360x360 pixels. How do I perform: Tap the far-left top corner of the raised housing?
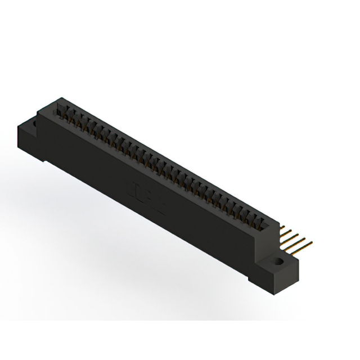[56, 100]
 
